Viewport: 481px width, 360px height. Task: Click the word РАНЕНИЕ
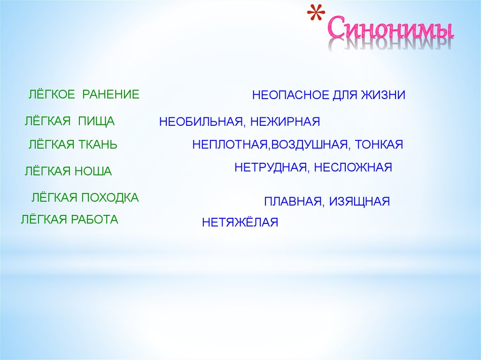click(111, 94)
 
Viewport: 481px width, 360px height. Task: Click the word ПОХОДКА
click(110, 198)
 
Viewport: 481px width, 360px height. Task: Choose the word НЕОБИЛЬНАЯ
click(201, 122)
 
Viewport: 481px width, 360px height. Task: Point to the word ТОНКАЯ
click(379, 145)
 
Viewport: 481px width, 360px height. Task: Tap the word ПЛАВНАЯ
click(291, 202)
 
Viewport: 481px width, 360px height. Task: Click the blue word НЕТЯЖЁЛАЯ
click(240, 222)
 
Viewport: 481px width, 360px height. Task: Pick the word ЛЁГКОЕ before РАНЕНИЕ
click(52, 94)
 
